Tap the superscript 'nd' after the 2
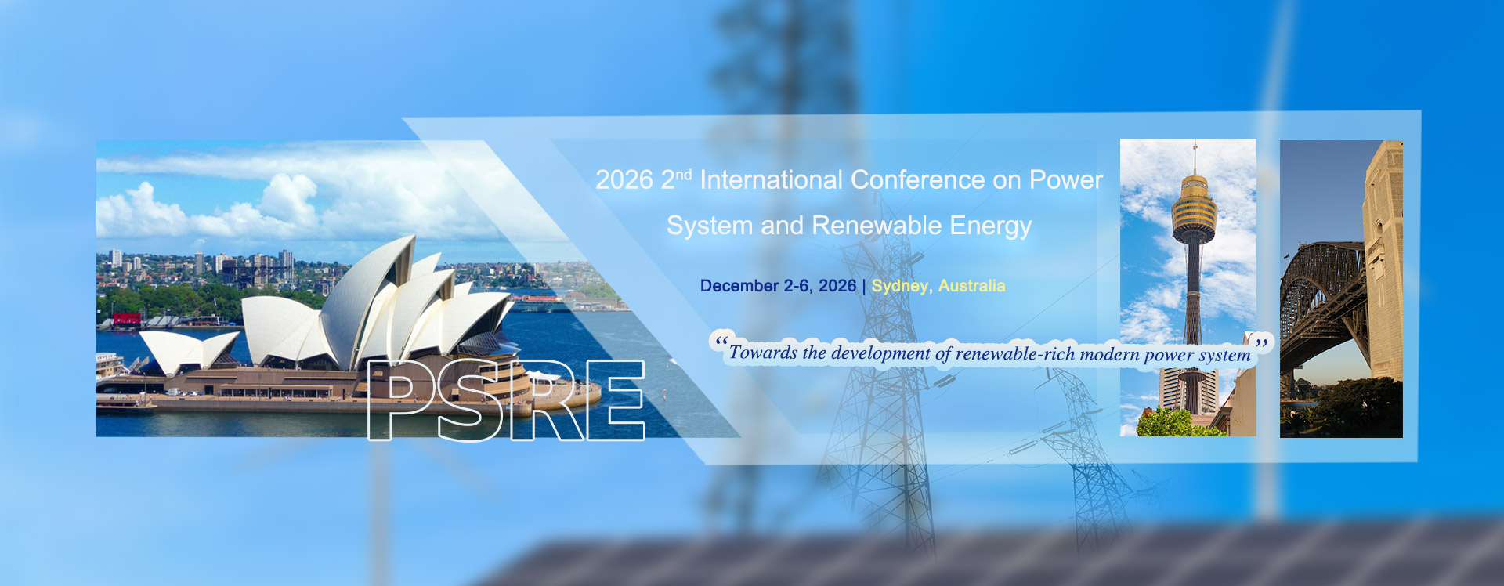[683, 174]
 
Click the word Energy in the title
[991, 226]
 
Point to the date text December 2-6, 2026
[778, 286]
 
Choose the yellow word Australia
[971, 286]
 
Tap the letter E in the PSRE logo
[615, 400]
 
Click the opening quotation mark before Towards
[721, 342]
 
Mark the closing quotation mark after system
[1261, 343]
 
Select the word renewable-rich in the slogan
[1015, 354]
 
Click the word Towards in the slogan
[763, 353]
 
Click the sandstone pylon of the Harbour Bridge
[1383, 259]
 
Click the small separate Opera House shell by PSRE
[189, 351]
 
